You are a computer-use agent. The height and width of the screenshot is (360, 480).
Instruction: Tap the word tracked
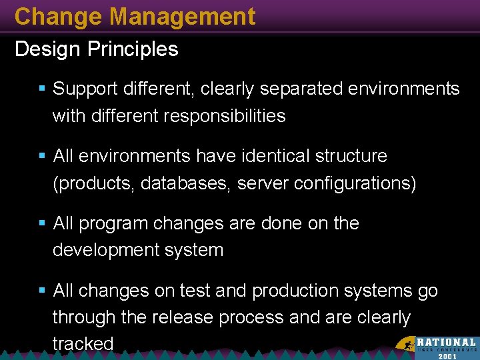pyautogui.click(x=83, y=344)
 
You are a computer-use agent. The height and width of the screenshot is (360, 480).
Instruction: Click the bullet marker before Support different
pyautogui.click(x=42, y=89)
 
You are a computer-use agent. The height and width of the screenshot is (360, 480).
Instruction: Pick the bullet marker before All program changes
pyautogui.click(x=42, y=223)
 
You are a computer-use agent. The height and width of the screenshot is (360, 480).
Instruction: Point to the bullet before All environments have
pyautogui.click(x=42, y=156)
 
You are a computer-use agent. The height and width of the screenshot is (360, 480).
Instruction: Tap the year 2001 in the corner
pyautogui.click(x=447, y=356)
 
